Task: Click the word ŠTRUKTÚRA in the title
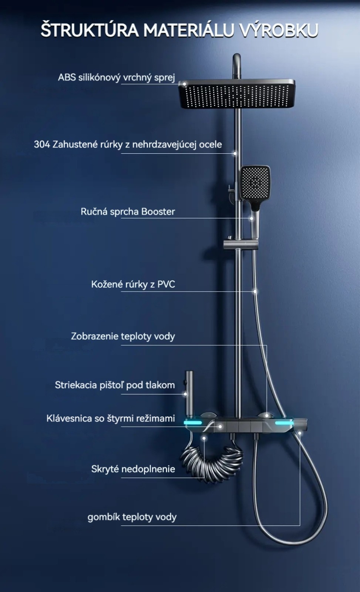(89, 30)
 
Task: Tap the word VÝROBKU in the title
(279, 30)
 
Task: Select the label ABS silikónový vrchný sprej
(116, 77)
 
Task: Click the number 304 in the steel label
(42, 144)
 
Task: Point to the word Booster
(158, 212)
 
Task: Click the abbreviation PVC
(166, 284)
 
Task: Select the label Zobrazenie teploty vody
(123, 336)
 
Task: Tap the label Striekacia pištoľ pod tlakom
(115, 385)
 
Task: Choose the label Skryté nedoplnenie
(133, 469)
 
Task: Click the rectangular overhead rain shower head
(237, 94)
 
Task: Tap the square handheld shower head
(255, 183)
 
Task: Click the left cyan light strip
(193, 423)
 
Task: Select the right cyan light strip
(284, 423)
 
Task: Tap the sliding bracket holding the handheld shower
(240, 245)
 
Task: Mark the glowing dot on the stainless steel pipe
(235, 153)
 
